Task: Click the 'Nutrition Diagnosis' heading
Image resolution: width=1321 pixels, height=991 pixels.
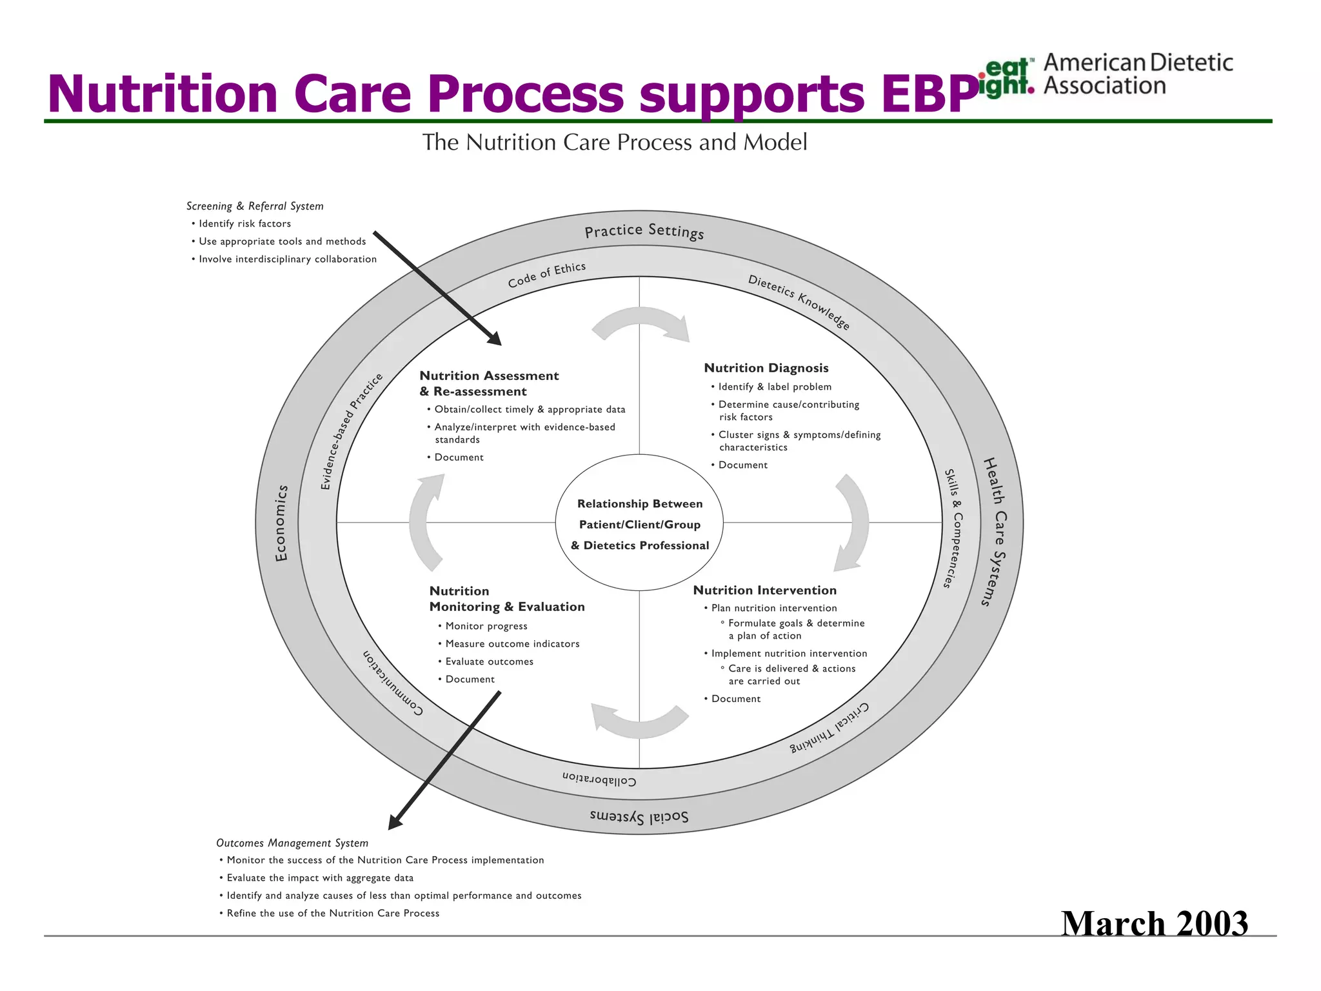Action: pos(766,368)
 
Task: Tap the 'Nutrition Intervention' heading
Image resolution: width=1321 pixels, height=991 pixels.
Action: pos(764,590)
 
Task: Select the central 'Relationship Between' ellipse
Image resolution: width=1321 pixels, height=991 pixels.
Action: pos(639,523)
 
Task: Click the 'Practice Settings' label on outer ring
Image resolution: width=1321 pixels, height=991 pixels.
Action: pos(644,231)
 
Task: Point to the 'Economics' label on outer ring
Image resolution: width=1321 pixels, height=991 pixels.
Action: pos(281,523)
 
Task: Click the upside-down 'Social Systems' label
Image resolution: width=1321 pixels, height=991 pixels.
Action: pos(639,817)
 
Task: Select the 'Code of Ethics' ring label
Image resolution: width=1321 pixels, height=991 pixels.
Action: pos(546,275)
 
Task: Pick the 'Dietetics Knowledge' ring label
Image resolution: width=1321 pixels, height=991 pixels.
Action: pos(799,301)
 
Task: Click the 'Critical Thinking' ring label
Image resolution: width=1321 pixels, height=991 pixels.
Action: pos(830,728)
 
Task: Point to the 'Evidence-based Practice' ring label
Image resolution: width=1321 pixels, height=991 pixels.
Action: pos(351,431)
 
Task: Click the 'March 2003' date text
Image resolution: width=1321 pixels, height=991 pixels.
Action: pos(1154,923)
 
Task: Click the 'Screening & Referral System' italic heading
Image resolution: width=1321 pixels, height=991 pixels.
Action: pos(255,206)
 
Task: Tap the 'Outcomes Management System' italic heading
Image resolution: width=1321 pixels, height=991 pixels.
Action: pos(292,843)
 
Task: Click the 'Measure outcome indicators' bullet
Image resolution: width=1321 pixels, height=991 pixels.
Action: pos(512,644)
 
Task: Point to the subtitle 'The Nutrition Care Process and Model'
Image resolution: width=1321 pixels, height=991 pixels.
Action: pos(614,142)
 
